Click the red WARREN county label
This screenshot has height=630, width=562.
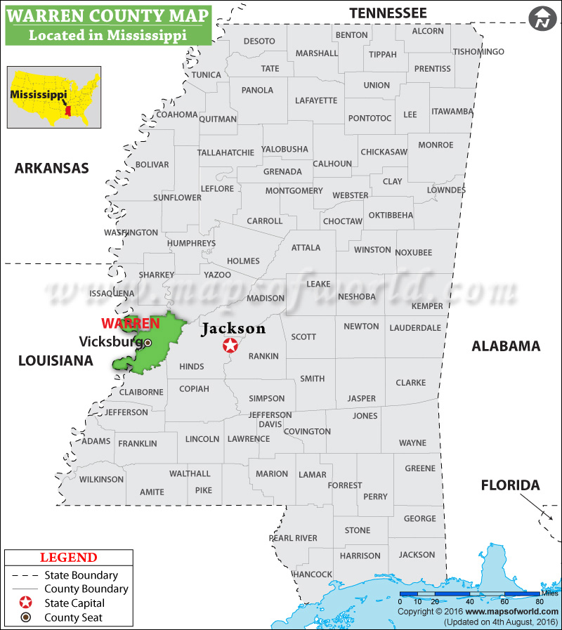point(131,323)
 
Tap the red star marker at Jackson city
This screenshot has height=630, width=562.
point(230,346)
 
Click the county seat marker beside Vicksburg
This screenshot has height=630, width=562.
point(148,343)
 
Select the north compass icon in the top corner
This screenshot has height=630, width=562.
point(542,19)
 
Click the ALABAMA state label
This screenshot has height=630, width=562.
point(506,346)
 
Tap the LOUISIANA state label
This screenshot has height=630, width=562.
point(55,360)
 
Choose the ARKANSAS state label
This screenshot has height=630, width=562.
point(52,168)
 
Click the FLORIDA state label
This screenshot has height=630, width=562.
point(510,485)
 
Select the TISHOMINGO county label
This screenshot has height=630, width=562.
point(478,52)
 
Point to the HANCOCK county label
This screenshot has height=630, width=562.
point(313,574)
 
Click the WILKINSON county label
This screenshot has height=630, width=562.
point(101,480)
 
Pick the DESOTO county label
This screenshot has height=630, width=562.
point(259,41)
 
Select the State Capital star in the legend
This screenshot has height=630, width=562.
point(26,603)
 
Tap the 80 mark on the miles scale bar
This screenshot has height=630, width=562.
point(540,602)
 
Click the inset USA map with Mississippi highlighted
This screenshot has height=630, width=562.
point(50,97)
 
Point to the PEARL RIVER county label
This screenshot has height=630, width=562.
point(293,538)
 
